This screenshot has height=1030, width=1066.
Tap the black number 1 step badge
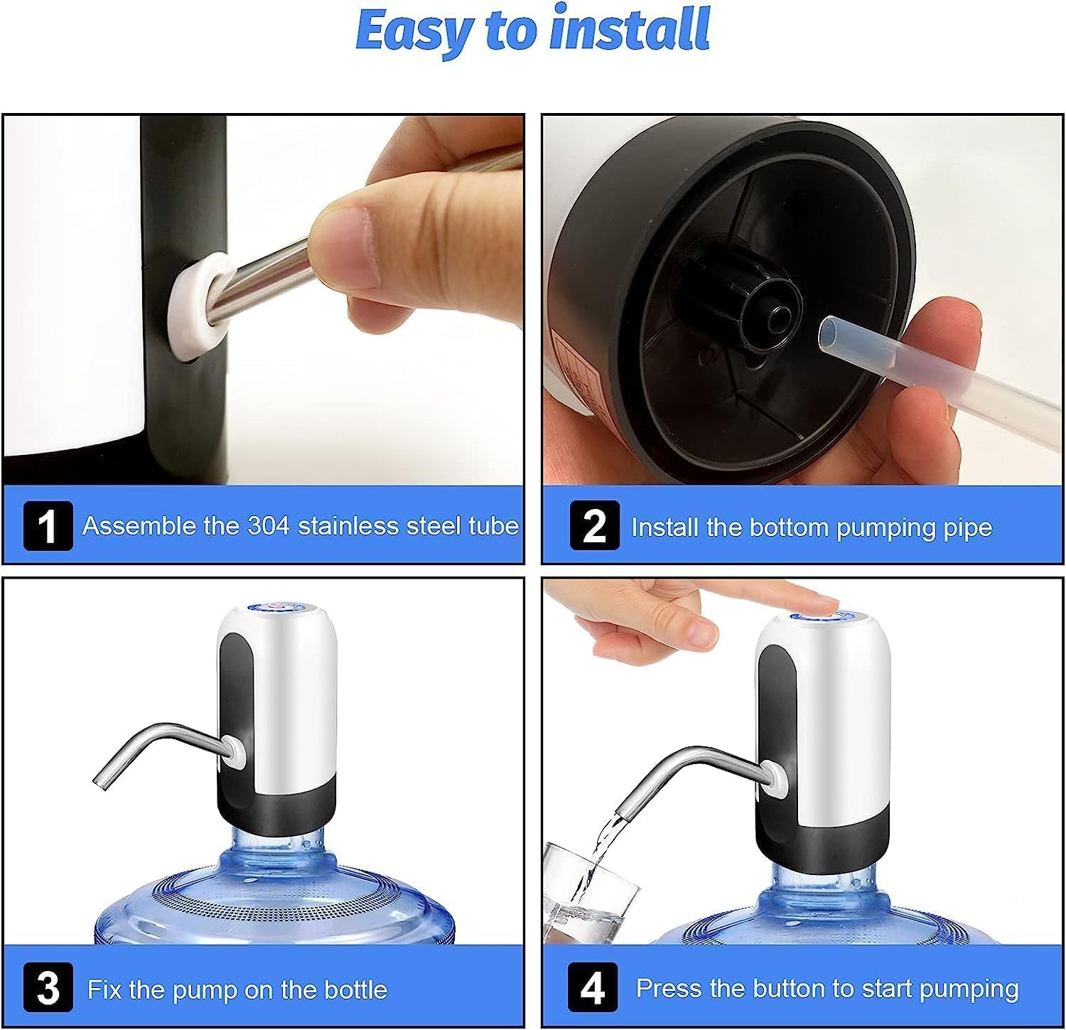pos(48,526)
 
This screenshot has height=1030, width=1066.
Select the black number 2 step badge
pos(594,526)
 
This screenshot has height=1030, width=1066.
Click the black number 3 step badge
pos(48,988)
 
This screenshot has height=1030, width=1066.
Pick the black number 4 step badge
pos(593,988)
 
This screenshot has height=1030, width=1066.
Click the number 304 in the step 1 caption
pos(269,526)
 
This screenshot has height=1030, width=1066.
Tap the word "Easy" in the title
pos(414,30)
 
